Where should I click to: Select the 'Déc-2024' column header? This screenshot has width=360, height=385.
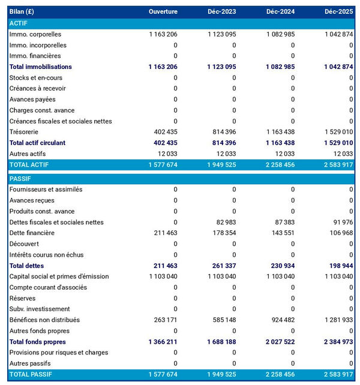[x=280, y=12]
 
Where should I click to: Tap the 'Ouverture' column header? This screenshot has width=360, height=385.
[x=163, y=12]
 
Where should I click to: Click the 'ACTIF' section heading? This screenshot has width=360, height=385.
[x=19, y=23]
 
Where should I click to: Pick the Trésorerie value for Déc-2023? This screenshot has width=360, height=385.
[x=221, y=132]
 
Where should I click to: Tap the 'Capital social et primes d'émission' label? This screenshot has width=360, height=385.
[x=59, y=276]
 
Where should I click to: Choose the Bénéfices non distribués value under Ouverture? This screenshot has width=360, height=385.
[x=163, y=320]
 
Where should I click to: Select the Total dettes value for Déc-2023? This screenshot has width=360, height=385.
[x=221, y=266]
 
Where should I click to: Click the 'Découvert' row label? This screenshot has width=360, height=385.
[x=25, y=243]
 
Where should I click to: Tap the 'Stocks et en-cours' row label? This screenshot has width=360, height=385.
[x=35, y=77]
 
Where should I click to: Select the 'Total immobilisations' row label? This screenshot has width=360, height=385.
[x=40, y=67]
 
